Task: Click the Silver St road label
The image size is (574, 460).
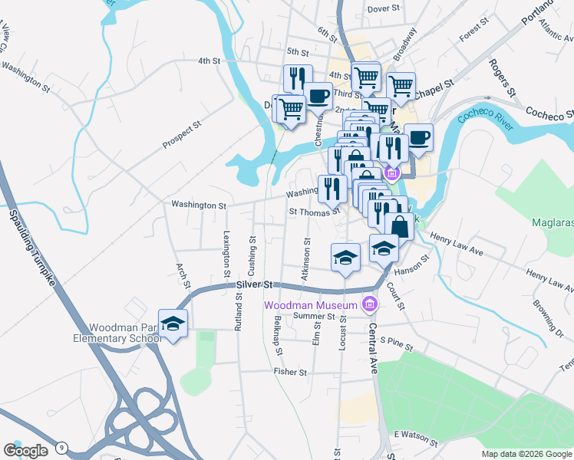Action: pyautogui.click(x=255, y=284)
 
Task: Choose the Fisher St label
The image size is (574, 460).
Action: pyautogui.click(x=290, y=372)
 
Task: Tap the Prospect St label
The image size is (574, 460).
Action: pyautogui.click(x=181, y=134)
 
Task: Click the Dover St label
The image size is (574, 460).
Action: pyautogui.click(x=384, y=8)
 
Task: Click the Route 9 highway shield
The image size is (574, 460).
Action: pyautogui.click(x=62, y=448)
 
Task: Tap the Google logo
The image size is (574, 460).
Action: pyautogui.click(x=25, y=450)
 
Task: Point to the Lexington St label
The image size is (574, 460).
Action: pyautogui.click(x=226, y=253)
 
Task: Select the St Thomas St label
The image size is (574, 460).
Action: pyautogui.click(x=314, y=212)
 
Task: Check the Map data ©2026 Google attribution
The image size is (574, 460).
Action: pyautogui.click(x=526, y=454)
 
